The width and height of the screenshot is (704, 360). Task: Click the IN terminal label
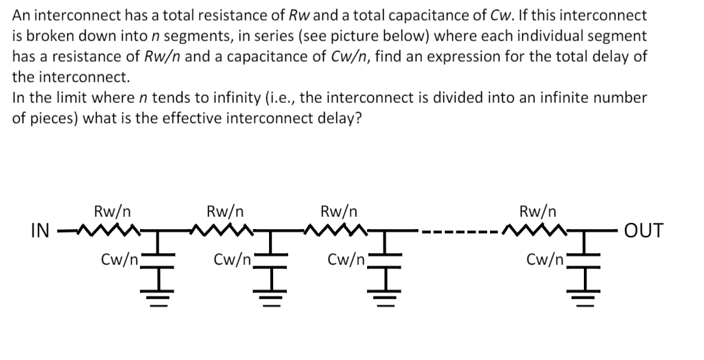coord(40,230)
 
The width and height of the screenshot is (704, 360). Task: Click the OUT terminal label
coord(643,230)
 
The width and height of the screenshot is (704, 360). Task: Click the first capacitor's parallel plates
coord(159,256)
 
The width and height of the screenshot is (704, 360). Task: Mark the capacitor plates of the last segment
coord(585,256)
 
